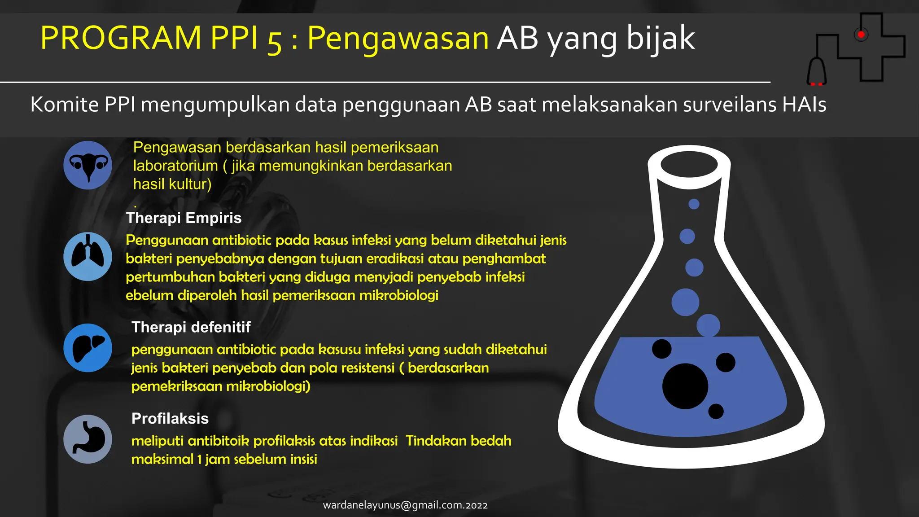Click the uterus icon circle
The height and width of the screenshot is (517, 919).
coord(88,165)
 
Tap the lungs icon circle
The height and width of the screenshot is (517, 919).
coord(88,257)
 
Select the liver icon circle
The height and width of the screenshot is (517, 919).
coord(88,348)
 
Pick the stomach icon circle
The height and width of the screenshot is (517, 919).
coord(88,439)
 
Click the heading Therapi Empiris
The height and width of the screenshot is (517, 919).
coord(184,218)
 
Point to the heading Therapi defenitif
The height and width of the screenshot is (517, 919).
coord(191,327)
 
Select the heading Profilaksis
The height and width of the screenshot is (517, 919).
coord(170,419)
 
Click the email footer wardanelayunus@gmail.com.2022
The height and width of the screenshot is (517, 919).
coord(405,505)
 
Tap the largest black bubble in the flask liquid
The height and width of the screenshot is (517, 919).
coord(685,386)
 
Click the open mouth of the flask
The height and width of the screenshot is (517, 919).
coord(689,164)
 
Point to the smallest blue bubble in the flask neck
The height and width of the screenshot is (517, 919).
coord(694,204)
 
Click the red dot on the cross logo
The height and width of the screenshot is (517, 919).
coord(861,35)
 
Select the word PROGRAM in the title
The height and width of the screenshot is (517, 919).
coord(121,38)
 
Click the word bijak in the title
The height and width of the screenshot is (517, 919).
coord(661,38)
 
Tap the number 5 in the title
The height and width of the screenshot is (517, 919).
coord(274,41)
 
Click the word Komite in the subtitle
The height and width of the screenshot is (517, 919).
coord(64,105)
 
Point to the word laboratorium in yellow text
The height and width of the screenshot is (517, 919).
coord(175,166)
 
